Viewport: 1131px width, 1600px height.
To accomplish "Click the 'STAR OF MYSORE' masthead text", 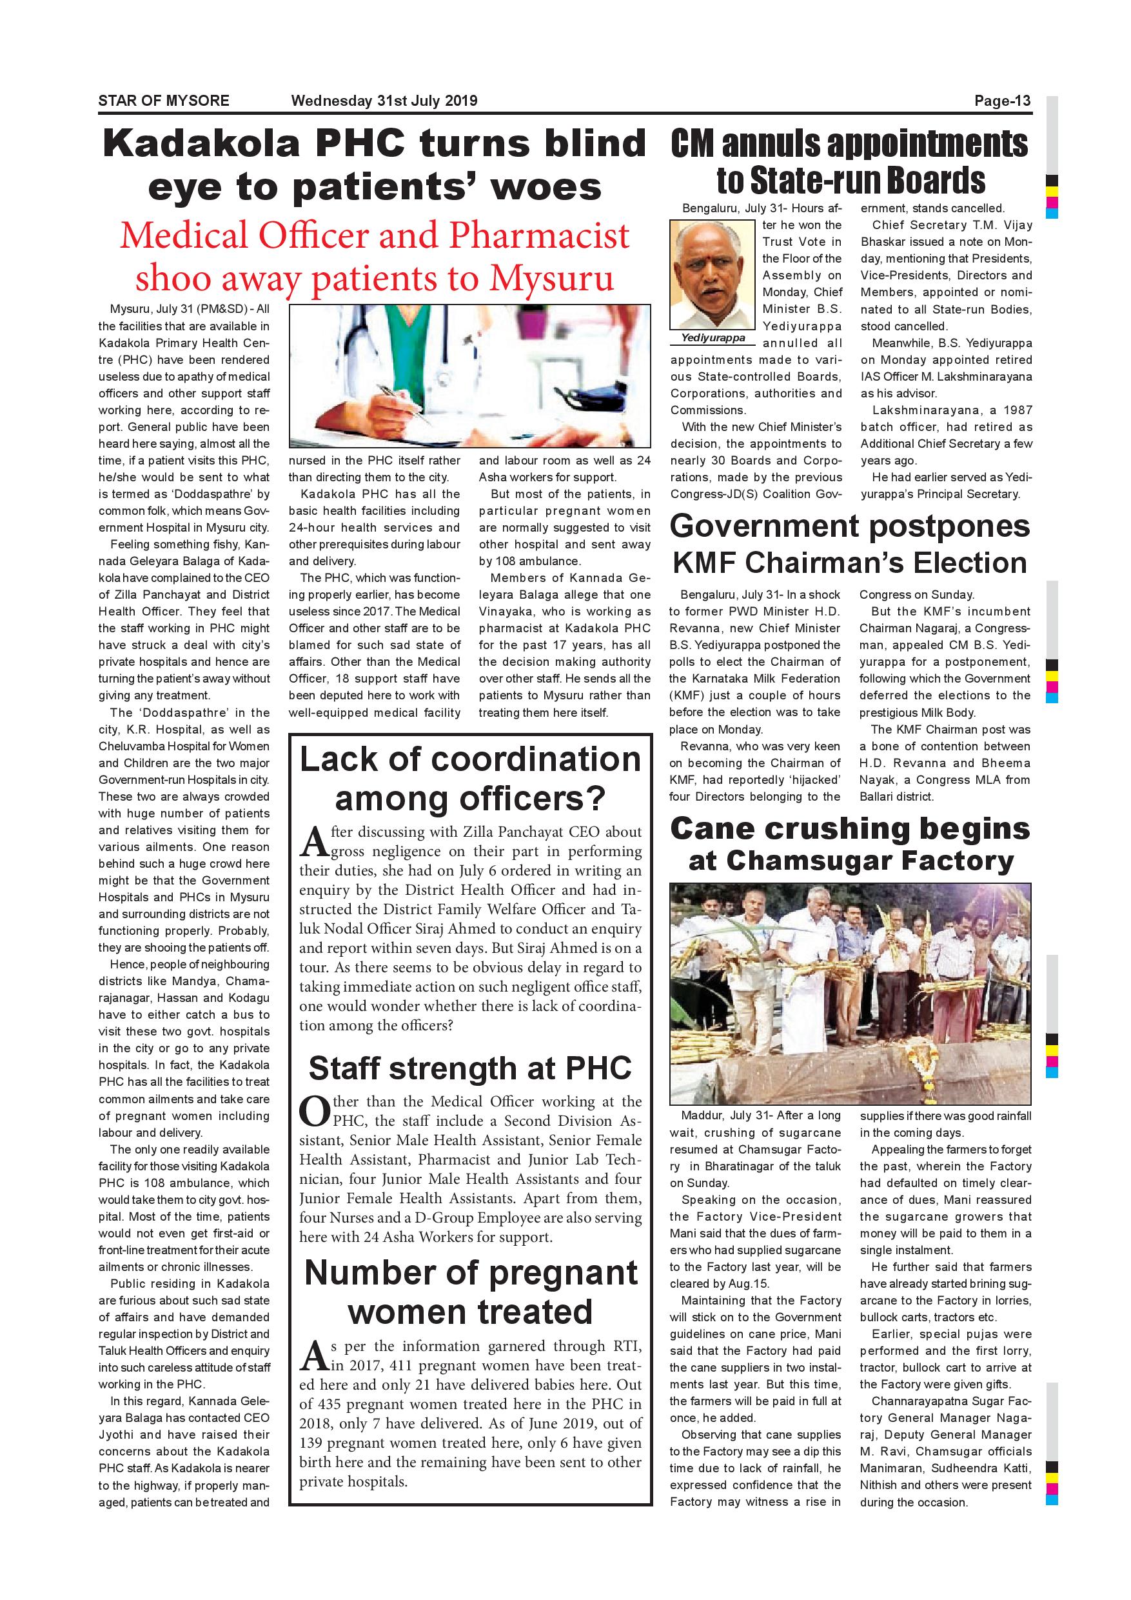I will tap(164, 101).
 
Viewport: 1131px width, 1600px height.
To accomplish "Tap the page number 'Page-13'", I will tap(1002, 101).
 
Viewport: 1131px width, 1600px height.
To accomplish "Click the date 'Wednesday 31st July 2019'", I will tap(384, 101).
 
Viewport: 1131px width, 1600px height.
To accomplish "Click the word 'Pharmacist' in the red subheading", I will tap(539, 235).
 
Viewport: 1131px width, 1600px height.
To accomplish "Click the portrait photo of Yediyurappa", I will tap(712, 275).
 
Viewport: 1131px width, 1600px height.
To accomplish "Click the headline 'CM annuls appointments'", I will tap(849, 144).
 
